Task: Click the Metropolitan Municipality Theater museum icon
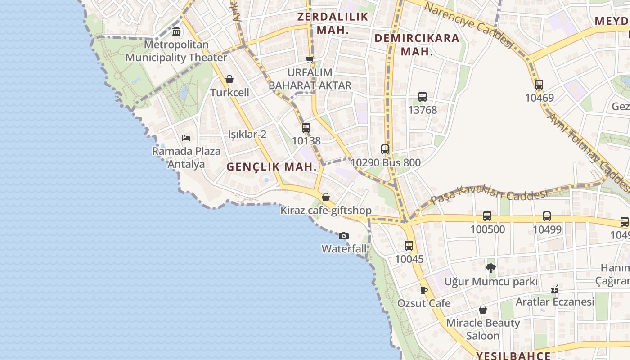pyautogui.click(x=176, y=32)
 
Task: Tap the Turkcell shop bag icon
pyautogui.click(x=229, y=80)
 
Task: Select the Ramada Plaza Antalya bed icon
pyautogui.click(x=186, y=138)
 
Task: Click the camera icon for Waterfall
pyautogui.click(x=343, y=236)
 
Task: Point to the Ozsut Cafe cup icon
pyautogui.click(x=423, y=290)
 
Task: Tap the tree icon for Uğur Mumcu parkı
pyautogui.click(x=491, y=269)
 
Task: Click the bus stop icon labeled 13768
pyautogui.click(x=422, y=96)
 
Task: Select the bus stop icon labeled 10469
pyautogui.click(x=539, y=84)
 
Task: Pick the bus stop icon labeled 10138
pyautogui.click(x=306, y=127)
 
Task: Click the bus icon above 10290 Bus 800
pyautogui.click(x=385, y=149)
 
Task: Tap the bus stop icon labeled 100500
pyautogui.click(x=487, y=216)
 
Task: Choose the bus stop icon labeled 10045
pyautogui.click(x=409, y=246)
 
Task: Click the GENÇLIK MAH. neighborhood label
pyautogui.click(x=272, y=167)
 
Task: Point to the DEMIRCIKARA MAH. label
pyautogui.click(x=417, y=45)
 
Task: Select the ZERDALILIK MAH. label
pyautogui.click(x=333, y=23)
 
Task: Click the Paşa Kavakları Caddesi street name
pyautogui.click(x=489, y=197)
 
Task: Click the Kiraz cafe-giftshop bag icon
pyautogui.click(x=326, y=197)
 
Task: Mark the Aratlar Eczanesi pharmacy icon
pyautogui.click(x=555, y=289)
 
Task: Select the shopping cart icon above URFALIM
pyautogui.click(x=310, y=59)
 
